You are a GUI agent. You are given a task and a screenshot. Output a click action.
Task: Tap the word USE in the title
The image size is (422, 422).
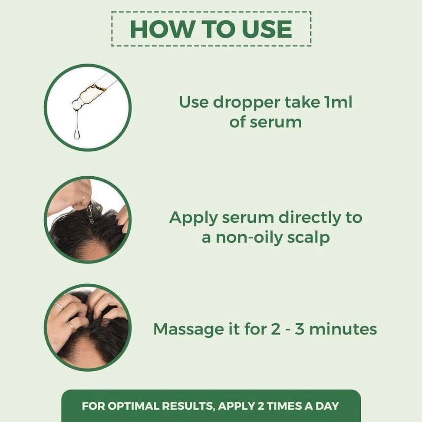click(267, 29)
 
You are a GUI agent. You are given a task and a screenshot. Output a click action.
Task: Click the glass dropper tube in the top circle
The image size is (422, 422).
click(93, 93)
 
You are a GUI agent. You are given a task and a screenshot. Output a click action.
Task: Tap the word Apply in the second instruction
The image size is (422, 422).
click(193, 218)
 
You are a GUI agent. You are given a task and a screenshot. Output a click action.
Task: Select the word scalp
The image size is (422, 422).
click(308, 238)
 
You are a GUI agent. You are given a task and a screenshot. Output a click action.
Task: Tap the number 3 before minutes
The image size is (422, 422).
click(299, 329)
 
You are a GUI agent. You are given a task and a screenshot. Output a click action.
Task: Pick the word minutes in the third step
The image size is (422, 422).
click(343, 329)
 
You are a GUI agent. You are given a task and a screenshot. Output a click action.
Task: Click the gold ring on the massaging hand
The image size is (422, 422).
click(71, 326)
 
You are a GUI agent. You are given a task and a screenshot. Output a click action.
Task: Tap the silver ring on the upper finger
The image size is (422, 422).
click(59, 306)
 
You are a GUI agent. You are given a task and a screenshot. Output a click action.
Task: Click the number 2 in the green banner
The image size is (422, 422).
click(260, 406)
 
